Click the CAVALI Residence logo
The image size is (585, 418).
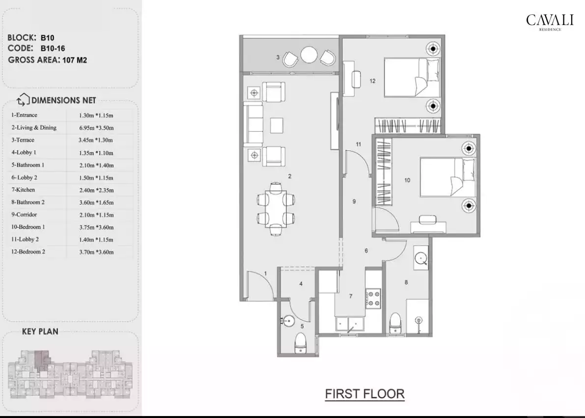(x=543, y=22)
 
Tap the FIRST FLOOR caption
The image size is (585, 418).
(x=364, y=394)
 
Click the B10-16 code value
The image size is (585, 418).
(x=53, y=49)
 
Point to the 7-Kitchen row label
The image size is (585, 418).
(x=23, y=190)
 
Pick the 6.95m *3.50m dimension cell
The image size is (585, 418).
(x=96, y=128)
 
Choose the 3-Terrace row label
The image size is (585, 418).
(x=23, y=140)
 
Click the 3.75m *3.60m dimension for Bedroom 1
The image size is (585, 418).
(x=96, y=227)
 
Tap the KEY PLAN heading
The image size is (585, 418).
(x=40, y=332)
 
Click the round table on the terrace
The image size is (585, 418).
(x=309, y=55)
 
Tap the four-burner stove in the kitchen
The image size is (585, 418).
(x=373, y=298)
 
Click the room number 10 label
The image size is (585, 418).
(x=407, y=180)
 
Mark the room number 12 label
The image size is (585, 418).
(x=373, y=81)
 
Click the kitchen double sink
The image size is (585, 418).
(x=349, y=324)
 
